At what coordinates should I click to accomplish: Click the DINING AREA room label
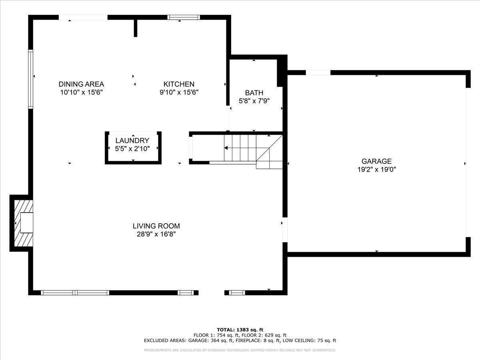coord(81,84)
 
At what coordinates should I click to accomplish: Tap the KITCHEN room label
coord(179,84)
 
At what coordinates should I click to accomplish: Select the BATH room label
coord(254,93)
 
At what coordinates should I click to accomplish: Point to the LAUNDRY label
coord(132,140)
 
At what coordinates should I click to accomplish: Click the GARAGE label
coord(376,161)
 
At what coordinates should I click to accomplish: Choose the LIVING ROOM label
coord(156,226)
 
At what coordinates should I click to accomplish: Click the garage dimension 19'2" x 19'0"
coord(376,169)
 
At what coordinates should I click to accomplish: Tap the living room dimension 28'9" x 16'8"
coord(156,234)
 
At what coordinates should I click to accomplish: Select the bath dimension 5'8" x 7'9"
coord(254,101)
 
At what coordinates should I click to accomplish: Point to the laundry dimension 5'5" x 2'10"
coord(132,149)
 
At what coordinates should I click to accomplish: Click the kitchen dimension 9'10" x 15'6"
coord(179,92)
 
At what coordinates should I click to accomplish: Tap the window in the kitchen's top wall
coord(184,17)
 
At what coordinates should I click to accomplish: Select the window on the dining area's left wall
coord(31,79)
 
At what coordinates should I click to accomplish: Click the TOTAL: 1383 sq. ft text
coord(240,330)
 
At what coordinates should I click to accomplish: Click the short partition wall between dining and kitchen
coord(136,28)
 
